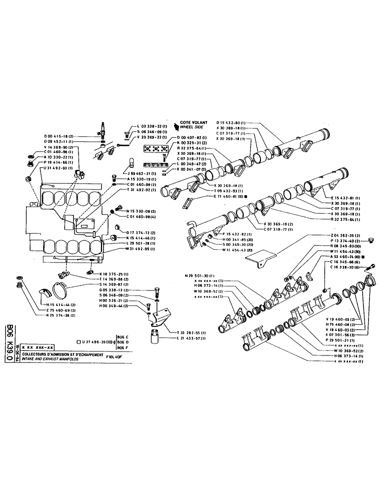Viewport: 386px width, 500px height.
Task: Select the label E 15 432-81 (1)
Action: pyautogui.click(x=344, y=198)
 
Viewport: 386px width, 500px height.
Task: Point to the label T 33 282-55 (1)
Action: pyautogui.click(x=188, y=332)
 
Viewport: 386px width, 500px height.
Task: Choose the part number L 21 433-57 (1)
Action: pyautogui.click(x=188, y=339)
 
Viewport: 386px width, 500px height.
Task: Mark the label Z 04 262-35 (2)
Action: pyautogui.click(x=345, y=234)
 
